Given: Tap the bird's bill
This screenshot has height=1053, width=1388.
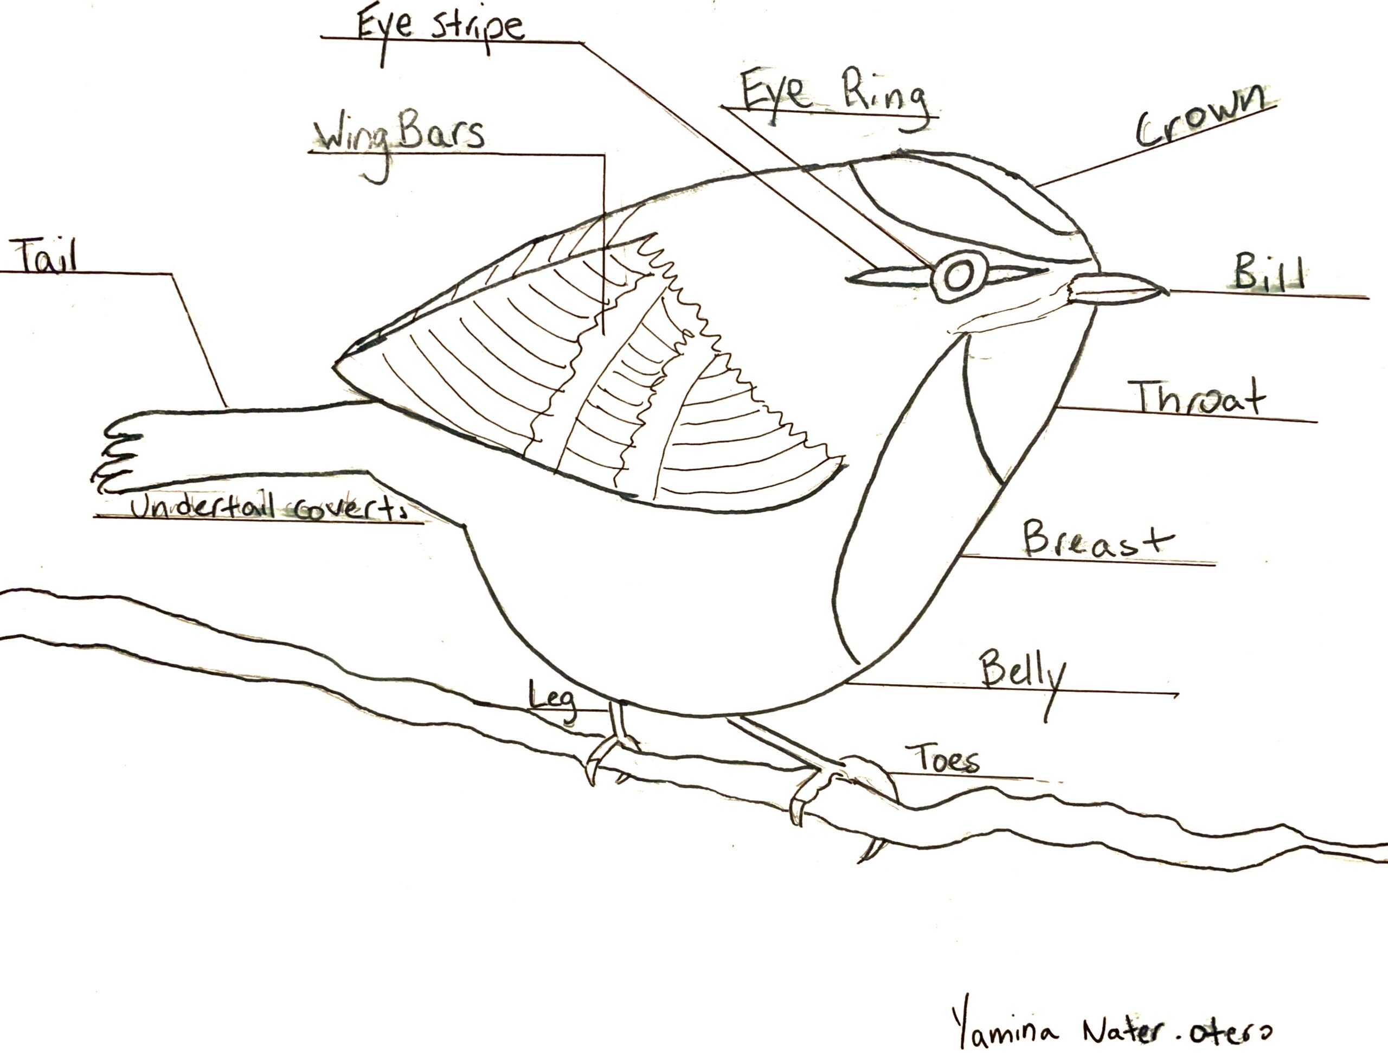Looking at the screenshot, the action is coord(1117,290).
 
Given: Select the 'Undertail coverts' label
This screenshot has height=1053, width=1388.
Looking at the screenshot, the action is coord(267,507).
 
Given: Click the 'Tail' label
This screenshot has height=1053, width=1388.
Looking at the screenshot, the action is coord(48,258).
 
